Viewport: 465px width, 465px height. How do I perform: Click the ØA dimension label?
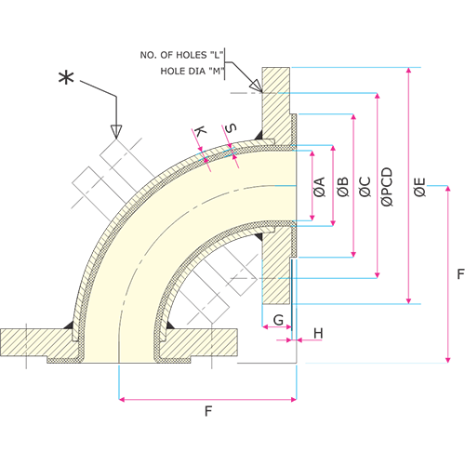[319, 187]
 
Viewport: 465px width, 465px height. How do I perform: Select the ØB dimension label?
[343, 187]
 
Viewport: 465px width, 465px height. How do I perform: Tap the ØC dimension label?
[365, 187]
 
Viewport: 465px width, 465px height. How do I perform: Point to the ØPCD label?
[387, 187]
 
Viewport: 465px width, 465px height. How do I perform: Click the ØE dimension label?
[419, 187]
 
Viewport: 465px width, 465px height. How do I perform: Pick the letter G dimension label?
[278, 320]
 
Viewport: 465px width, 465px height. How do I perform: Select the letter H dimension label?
[318, 333]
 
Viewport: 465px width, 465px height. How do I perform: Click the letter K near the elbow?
[200, 131]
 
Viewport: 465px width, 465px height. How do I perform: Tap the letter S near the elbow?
[231, 128]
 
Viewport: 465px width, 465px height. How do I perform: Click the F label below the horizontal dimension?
[208, 411]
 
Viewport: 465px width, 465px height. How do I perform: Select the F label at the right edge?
[461, 274]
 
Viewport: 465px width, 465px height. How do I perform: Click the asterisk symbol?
[66, 78]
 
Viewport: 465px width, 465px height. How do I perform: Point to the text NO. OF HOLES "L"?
[181, 55]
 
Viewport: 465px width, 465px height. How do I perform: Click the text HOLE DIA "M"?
[192, 72]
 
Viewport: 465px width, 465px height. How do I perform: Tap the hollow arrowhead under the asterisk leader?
[116, 131]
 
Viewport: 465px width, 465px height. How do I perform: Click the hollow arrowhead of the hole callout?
[256, 85]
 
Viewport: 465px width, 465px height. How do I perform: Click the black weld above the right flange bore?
[259, 135]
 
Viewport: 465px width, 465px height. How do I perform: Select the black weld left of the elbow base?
[69, 325]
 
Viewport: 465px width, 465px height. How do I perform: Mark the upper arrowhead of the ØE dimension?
[409, 70]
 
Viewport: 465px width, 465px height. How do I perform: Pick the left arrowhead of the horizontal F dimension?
[122, 399]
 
